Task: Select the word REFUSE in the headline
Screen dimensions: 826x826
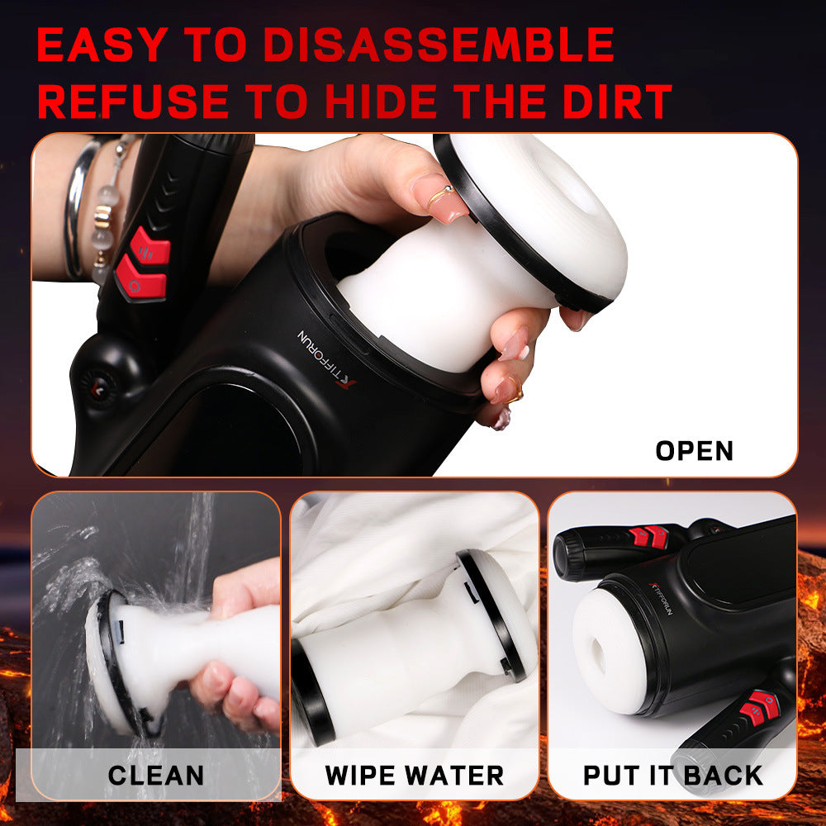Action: [133, 102]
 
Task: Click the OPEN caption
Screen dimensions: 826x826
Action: [694, 451]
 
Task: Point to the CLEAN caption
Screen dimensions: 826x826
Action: [155, 776]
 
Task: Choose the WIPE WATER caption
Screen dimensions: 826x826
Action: [414, 776]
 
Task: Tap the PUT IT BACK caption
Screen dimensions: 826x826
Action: [672, 776]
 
